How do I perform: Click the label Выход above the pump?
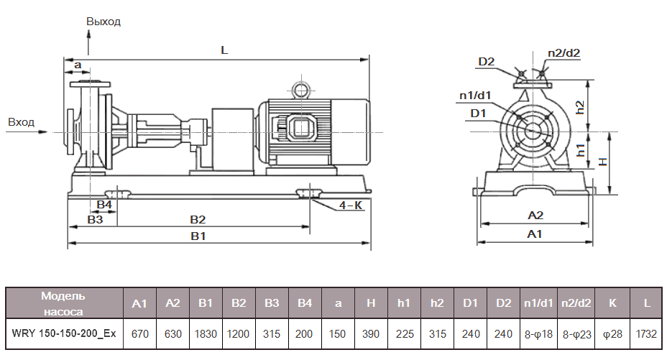[103, 22]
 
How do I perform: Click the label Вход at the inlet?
[21, 122]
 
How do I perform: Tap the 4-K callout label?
[350, 205]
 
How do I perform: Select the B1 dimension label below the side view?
[198, 236]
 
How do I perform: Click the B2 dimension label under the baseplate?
[198, 218]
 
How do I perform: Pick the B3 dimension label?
[95, 219]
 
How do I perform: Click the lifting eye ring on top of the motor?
[298, 90]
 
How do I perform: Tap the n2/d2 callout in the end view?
[563, 53]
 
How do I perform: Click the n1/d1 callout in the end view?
[475, 96]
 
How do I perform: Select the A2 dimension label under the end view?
[535, 215]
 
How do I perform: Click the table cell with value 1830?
[206, 334]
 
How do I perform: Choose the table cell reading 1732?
[647, 334]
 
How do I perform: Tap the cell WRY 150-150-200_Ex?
[64, 334]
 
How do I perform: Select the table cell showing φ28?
[613, 334]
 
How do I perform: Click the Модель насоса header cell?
[64, 303]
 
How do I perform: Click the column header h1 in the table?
[404, 303]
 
